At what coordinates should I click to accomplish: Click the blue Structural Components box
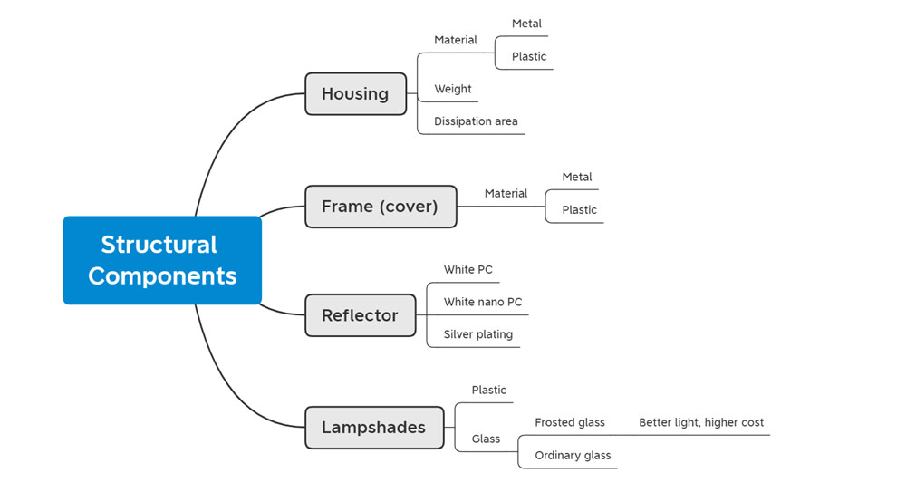click(162, 260)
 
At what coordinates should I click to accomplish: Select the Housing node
click(355, 93)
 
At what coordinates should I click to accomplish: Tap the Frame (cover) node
click(381, 207)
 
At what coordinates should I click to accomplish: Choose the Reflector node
click(360, 315)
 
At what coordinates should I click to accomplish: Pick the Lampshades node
click(374, 428)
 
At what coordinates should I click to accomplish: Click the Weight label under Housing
click(453, 89)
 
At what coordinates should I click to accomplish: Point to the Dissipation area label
click(476, 121)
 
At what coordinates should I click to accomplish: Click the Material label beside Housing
click(456, 40)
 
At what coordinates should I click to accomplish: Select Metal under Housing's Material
click(526, 24)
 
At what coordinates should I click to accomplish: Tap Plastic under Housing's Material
click(529, 57)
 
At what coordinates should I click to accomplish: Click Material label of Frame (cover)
click(506, 194)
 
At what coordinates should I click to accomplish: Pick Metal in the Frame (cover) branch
click(576, 177)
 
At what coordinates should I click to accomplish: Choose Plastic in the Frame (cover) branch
click(579, 210)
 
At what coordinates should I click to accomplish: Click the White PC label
click(468, 269)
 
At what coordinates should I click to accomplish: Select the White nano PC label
click(483, 302)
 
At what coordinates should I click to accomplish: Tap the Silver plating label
click(477, 334)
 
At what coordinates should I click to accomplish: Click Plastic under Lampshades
click(488, 391)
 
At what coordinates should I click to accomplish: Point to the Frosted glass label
click(570, 422)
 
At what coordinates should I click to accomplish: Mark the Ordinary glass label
click(573, 456)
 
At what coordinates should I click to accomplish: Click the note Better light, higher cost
click(701, 422)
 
